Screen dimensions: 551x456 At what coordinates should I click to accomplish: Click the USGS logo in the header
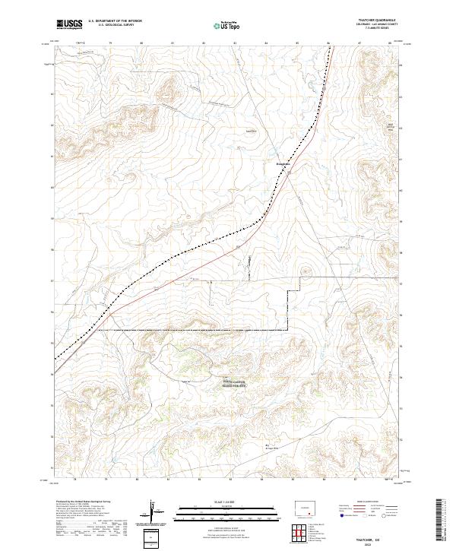click(70, 24)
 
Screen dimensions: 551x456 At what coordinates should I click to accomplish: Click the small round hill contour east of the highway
click(306, 270)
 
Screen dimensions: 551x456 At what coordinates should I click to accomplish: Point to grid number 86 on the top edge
click(329, 43)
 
